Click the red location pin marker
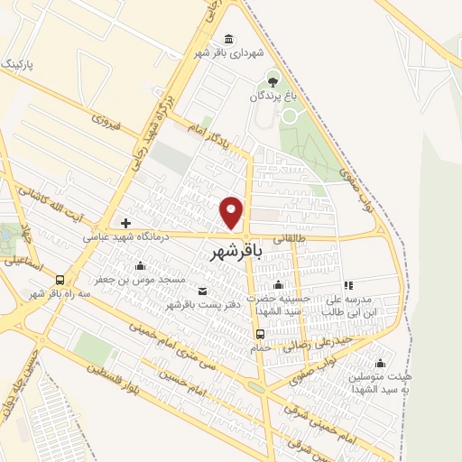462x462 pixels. (x=232, y=212)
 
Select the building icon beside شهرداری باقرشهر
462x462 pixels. (x=228, y=39)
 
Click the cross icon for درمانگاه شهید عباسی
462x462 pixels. (x=125, y=222)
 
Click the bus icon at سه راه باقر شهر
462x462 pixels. (x=60, y=280)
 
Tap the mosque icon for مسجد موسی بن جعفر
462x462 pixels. (x=140, y=265)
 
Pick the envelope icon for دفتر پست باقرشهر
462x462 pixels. (x=201, y=291)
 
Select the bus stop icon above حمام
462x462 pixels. (x=260, y=333)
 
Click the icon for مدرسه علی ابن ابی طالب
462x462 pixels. (x=347, y=285)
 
